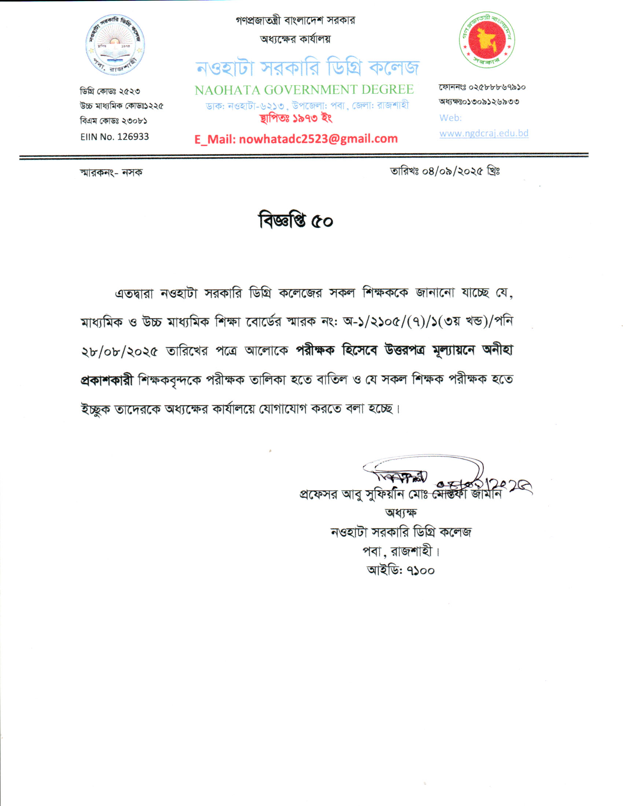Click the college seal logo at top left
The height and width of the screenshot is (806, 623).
coord(115,45)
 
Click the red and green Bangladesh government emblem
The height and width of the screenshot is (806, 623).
coord(487,40)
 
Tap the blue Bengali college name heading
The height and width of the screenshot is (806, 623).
coord(307,68)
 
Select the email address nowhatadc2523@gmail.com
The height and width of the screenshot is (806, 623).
coord(318,139)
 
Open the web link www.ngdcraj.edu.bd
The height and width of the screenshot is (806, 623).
coord(483,133)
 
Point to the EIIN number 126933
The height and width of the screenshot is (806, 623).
coord(133,137)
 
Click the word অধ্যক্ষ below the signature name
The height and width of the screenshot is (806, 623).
coord(401,513)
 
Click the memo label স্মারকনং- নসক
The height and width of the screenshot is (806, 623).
coord(111,172)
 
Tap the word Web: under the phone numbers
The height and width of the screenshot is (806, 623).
coord(450,118)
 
